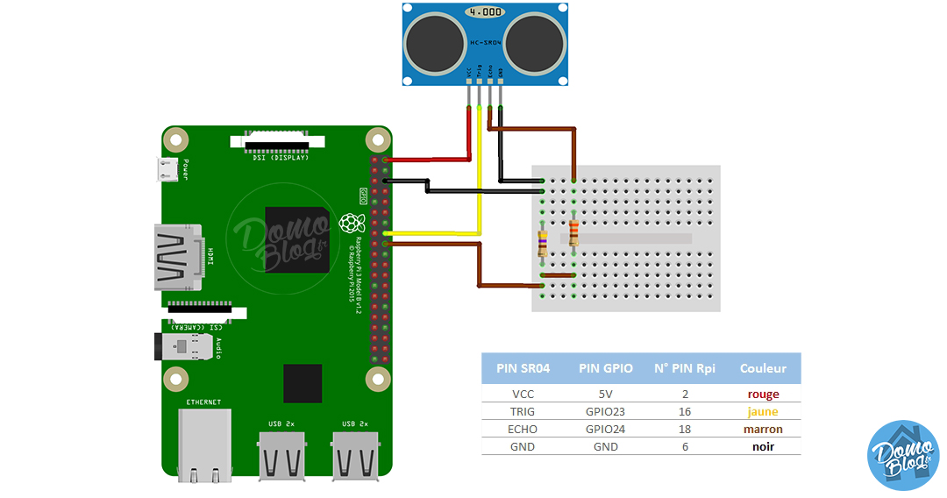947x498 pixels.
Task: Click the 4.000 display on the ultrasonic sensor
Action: (486, 13)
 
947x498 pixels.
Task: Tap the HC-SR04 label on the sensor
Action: (486, 41)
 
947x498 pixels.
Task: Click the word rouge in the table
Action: (763, 395)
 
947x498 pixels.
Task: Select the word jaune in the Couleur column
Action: (763, 412)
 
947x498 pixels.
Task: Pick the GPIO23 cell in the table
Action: (602, 412)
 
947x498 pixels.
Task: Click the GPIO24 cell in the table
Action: (602, 430)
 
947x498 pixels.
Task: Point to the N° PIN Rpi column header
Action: (686, 368)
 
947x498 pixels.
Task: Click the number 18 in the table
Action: (686, 430)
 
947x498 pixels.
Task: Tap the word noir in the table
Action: (763, 447)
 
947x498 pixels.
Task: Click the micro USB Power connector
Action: (167, 169)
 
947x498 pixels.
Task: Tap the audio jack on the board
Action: (180, 346)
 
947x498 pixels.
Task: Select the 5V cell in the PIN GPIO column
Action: (602, 395)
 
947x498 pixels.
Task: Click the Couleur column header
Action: (763, 368)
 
